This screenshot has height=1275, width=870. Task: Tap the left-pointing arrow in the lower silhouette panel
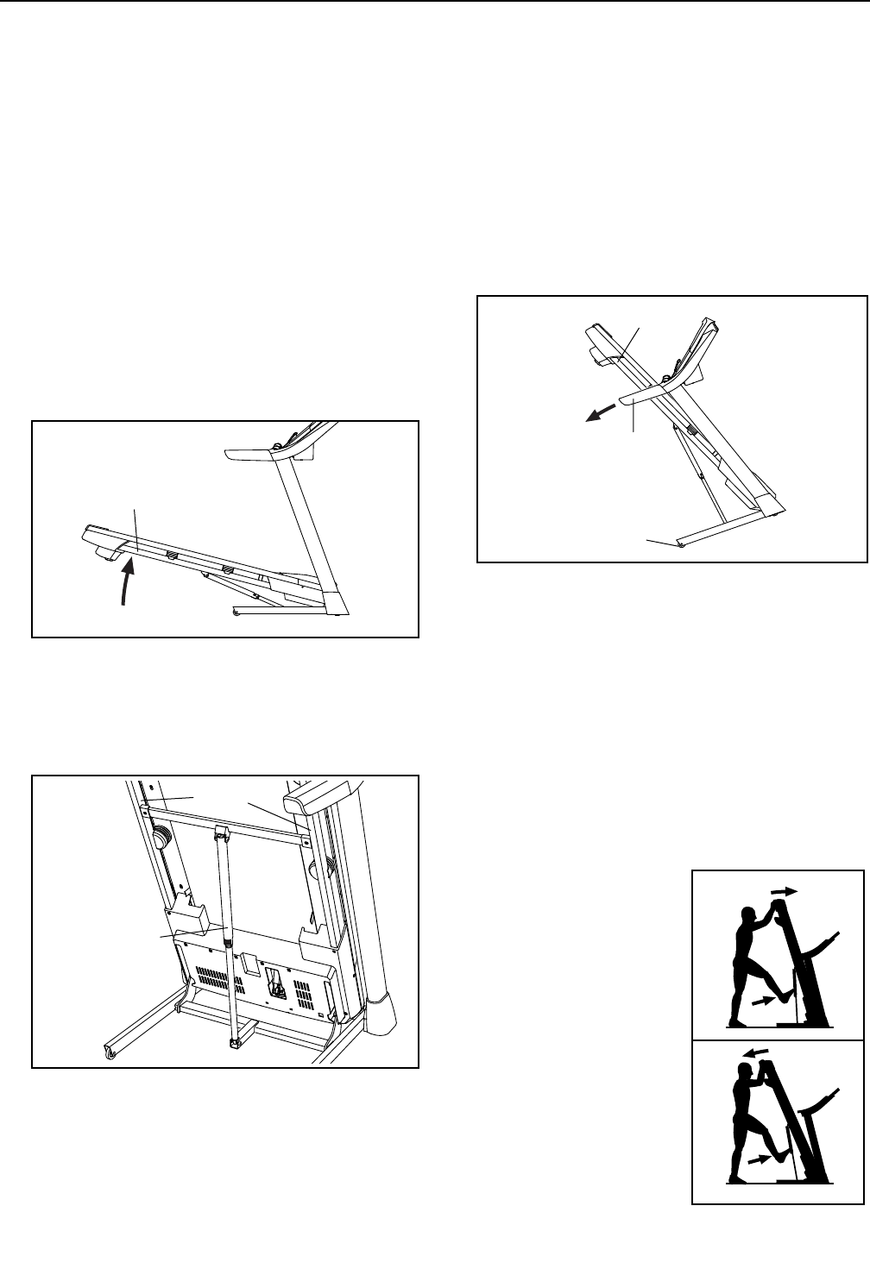click(x=756, y=1052)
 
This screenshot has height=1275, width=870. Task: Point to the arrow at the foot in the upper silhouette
click(x=763, y=1001)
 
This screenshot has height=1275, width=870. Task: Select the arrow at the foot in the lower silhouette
click(x=758, y=1161)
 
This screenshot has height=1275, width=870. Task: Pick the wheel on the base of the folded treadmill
click(x=681, y=544)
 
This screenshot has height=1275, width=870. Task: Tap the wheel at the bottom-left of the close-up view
click(x=110, y=1051)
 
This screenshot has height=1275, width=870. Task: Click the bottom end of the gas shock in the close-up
click(x=233, y=1043)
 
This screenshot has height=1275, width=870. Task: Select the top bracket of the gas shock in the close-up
click(x=220, y=835)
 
